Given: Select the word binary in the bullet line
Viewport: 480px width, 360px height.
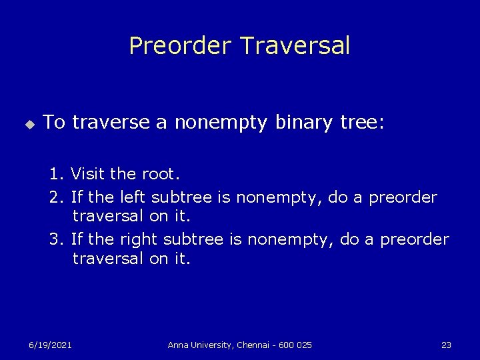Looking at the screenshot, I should (290, 123).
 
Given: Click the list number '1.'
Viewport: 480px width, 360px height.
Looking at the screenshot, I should (57, 175).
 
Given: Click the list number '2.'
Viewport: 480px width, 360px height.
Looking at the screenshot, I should (57, 198).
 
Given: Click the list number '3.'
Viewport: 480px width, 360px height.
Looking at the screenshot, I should (57, 239).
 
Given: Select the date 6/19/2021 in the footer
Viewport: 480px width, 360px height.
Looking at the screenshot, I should (50, 345).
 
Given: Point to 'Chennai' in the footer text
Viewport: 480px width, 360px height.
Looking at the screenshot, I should (255, 345).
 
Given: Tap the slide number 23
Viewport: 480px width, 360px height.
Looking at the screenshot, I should (446, 345).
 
